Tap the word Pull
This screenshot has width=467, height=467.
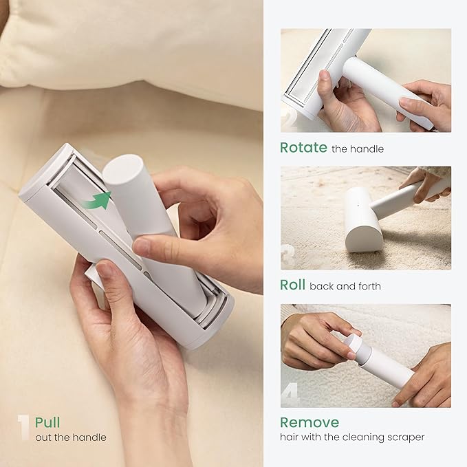pos(47,422)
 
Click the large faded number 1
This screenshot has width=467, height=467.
pos(23,427)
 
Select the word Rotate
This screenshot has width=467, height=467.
pos(303,147)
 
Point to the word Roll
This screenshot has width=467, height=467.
pos(292,285)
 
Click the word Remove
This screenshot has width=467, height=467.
pos(309,422)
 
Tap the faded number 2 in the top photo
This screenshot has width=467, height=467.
pos(290,118)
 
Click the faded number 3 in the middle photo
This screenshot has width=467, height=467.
pos(290,255)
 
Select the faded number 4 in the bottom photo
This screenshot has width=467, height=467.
pos(290,394)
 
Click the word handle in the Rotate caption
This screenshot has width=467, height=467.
pos(369,149)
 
